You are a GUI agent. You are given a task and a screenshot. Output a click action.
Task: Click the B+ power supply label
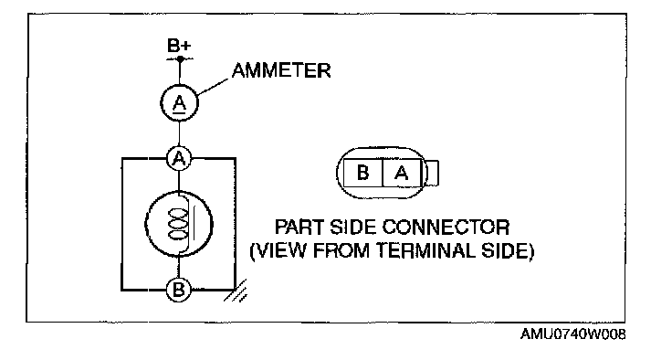tap(179, 46)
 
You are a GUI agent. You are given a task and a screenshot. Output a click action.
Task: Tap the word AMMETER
tap(281, 70)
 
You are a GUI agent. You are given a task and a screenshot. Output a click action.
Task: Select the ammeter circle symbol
tap(180, 103)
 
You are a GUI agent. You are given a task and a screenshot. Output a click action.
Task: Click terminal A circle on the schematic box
tap(180, 159)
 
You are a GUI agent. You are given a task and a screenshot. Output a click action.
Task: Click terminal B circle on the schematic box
tap(179, 290)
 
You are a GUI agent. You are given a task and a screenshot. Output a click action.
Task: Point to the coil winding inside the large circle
tap(178, 224)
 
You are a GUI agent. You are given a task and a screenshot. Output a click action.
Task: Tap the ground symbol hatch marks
tap(236, 291)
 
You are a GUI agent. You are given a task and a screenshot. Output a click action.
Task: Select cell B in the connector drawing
tap(362, 173)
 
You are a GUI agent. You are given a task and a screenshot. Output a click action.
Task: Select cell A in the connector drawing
tap(402, 173)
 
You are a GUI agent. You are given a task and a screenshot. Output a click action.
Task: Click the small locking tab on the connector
tap(433, 173)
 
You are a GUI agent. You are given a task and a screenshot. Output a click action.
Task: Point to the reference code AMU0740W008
tap(572, 334)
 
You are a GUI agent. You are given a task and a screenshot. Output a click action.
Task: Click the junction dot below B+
tap(180, 58)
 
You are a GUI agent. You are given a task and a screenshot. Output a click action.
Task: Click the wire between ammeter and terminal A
tap(180, 134)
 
